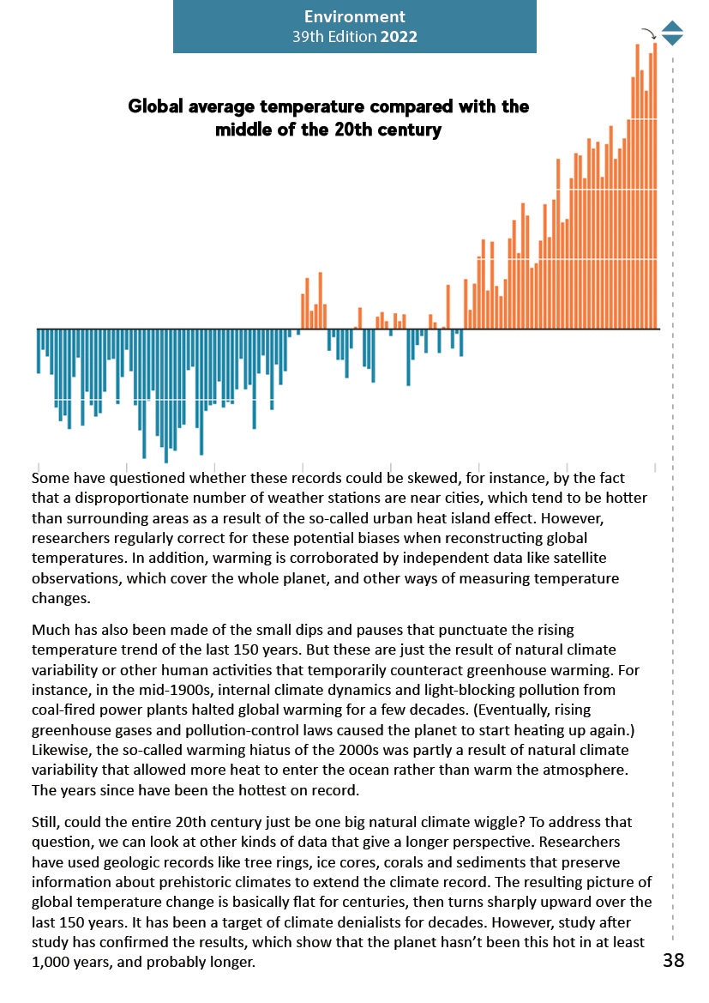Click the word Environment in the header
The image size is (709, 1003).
(x=354, y=16)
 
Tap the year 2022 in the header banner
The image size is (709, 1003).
(x=400, y=37)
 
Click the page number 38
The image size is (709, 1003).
(x=673, y=960)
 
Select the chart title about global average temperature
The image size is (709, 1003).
(x=328, y=118)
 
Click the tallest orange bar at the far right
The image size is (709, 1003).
(x=655, y=172)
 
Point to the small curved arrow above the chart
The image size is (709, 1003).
(x=649, y=33)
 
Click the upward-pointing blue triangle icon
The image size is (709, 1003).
(x=673, y=27)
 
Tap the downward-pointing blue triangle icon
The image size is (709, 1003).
(x=673, y=39)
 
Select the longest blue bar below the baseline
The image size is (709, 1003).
(x=166, y=395)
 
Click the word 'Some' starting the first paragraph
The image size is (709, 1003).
(x=50, y=477)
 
